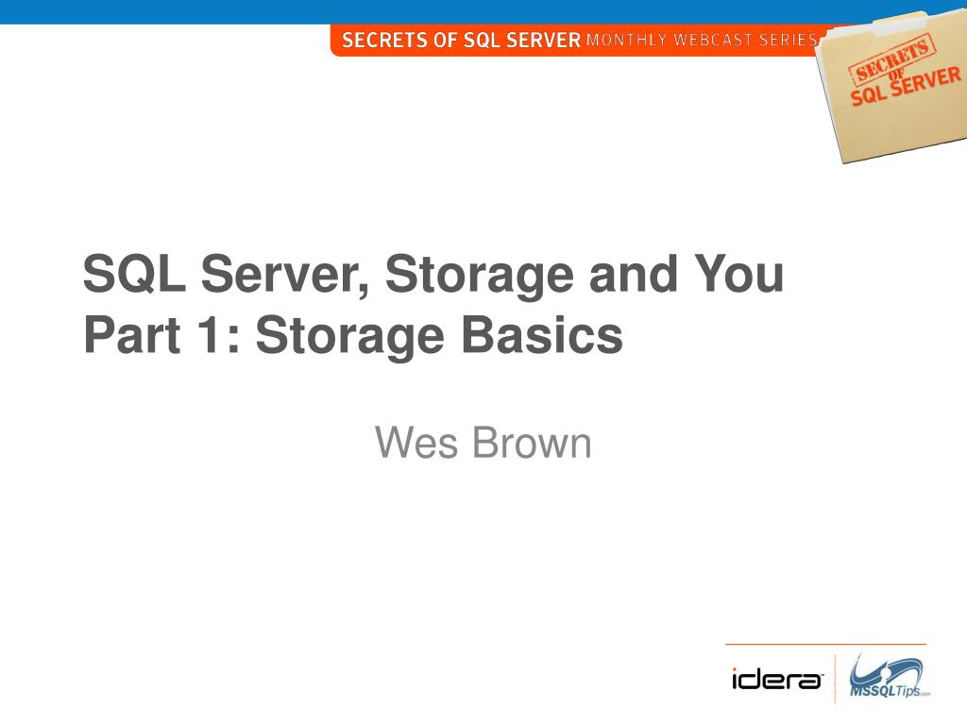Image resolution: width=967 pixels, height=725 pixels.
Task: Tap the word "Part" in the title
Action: click(x=127, y=336)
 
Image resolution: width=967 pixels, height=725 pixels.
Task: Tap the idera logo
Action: click(x=777, y=679)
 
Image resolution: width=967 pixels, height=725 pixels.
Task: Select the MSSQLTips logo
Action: click(x=887, y=677)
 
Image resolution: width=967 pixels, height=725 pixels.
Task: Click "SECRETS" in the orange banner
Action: click(x=386, y=40)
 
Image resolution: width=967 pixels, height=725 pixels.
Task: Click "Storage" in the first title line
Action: click(x=478, y=275)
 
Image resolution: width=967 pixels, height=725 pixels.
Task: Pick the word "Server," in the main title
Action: click(x=286, y=275)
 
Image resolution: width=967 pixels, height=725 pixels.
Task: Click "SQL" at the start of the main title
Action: click(x=135, y=275)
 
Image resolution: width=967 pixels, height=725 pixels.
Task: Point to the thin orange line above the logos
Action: click(x=825, y=644)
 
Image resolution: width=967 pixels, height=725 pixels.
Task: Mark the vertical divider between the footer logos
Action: click(x=835, y=679)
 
